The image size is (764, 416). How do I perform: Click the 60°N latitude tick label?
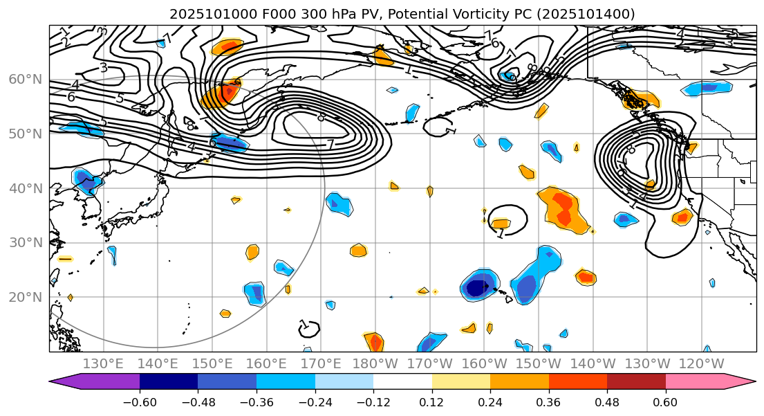25,80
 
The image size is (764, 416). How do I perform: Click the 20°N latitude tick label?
25,298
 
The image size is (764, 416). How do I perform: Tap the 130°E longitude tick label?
103,364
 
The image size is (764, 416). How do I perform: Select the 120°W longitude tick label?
702,364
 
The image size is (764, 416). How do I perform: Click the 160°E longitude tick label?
266,364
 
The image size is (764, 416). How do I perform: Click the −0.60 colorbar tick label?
140,403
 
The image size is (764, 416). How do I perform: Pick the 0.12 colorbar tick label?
432,403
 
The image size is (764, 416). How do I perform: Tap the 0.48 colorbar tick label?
607,403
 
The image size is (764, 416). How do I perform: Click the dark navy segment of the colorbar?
169,381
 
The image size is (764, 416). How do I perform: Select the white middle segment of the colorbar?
402,381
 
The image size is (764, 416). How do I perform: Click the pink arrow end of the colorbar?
740,381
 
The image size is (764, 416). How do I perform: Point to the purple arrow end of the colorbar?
66,381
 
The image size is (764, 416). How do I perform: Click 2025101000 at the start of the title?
201,14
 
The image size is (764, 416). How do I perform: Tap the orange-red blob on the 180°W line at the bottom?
375,341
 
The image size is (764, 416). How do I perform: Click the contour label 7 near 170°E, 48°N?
330,145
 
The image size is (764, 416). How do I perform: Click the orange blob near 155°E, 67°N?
227,47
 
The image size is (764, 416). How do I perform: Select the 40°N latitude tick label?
25,188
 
